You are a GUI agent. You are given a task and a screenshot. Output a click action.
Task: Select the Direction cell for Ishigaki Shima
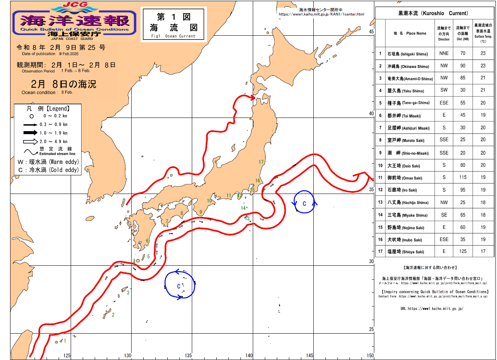(444, 54)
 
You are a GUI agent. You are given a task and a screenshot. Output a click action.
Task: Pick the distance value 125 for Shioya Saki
(463, 251)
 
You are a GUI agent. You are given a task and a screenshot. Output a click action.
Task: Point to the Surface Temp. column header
(483, 33)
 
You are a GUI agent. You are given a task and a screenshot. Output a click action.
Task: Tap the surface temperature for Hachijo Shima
(483, 202)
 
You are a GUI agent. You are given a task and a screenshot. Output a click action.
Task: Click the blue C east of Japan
(304, 204)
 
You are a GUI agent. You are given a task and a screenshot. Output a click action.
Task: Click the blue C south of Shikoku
(179, 286)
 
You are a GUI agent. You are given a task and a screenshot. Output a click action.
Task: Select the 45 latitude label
(371, 32)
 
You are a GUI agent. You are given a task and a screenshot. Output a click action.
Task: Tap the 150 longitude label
(370, 355)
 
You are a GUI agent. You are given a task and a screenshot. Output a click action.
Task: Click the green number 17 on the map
(261, 162)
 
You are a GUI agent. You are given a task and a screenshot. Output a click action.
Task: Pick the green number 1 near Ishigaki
(65, 341)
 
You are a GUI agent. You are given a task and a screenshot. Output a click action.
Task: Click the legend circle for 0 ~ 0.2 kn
(31, 116)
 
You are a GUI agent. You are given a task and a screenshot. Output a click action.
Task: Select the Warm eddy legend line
(48, 161)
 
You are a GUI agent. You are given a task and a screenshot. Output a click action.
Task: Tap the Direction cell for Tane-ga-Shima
(444, 103)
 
